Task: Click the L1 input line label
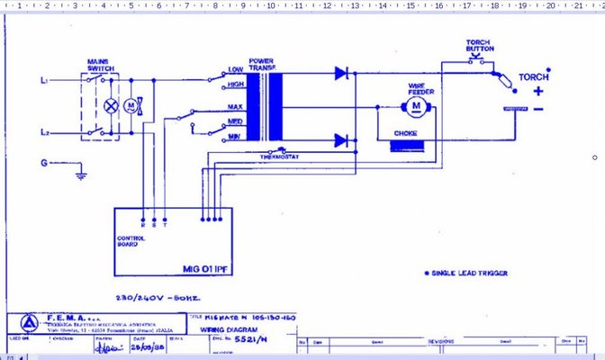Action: (43, 81)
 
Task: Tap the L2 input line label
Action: (43, 132)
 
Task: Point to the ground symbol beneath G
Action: (80, 172)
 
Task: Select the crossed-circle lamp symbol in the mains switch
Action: (112, 105)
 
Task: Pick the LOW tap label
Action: (236, 69)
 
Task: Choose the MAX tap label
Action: (236, 107)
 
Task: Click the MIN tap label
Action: (235, 136)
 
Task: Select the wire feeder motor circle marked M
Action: (416, 107)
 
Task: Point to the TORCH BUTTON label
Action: (477, 47)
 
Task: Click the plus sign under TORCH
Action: (538, 90)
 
